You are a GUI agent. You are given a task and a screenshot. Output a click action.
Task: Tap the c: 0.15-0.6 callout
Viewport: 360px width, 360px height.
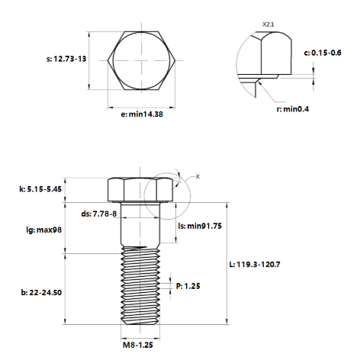[x=329, y=53]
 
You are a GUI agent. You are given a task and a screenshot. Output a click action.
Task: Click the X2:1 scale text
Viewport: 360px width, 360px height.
[x=268, y=25]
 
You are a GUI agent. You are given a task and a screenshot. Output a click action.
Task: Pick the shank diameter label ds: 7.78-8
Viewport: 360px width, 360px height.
[x=100, y=214]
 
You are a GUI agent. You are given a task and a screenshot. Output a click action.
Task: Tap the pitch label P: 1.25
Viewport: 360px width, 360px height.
[x=191, y=287]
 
